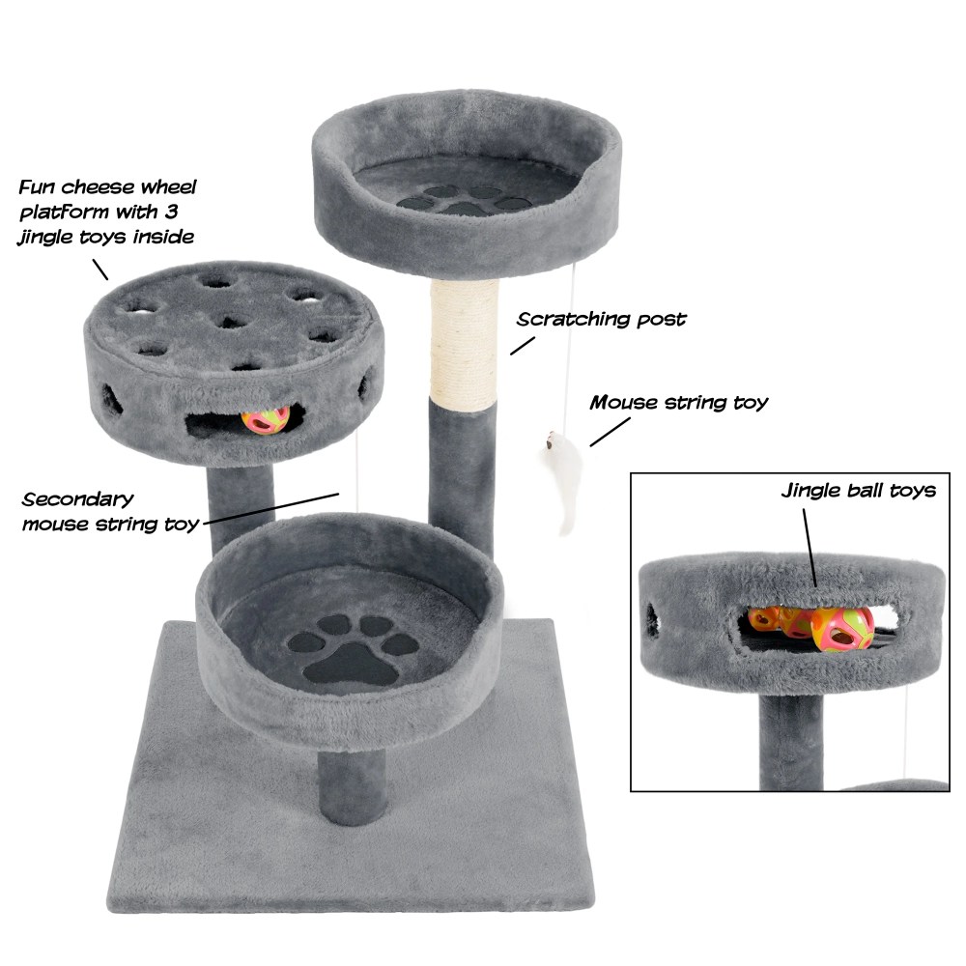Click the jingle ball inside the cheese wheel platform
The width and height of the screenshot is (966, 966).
pos(266,419)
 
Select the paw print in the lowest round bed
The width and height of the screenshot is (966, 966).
pos(353,649)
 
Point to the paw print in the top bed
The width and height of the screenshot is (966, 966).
pos(464,200)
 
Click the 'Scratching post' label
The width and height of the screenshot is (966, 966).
pos(601,319)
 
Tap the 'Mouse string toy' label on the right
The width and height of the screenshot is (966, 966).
pos(678,403)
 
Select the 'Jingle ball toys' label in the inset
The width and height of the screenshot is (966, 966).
pos(858,491)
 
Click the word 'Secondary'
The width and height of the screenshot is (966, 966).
pos(77,499)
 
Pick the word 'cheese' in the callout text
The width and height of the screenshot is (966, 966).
pos(99,186)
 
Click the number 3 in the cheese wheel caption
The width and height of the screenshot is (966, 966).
pos(171,212)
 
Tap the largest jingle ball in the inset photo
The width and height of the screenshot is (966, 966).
pos(842,629)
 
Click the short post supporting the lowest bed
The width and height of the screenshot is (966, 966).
pos(352,786)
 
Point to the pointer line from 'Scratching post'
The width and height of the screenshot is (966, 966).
pos(523,346)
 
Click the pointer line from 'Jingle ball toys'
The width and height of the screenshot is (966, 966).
pos(810,549)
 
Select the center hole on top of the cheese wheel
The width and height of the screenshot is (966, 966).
pos(231,321)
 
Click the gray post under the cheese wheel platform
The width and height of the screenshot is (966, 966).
pos(241,505)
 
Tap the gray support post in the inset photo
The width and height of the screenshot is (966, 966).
pos(790,743)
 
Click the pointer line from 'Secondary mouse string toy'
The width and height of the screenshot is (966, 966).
pos(271,509)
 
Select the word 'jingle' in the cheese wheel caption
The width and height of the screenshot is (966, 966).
pos(51,238)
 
